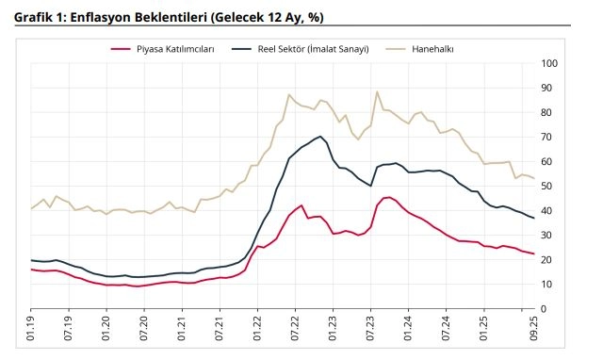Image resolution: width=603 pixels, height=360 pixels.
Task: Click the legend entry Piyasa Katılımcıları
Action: tap(176, 47)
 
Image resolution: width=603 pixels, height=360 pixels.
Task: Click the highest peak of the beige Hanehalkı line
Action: tap(377, 91)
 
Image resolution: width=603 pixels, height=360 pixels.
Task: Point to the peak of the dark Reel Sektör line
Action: tap(321, 137)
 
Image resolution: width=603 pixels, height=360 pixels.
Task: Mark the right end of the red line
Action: tap(534, 254)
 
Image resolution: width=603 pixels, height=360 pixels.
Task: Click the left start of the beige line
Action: tap(31, 208)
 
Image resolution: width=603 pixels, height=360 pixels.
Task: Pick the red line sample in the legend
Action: tap(120, 47)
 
